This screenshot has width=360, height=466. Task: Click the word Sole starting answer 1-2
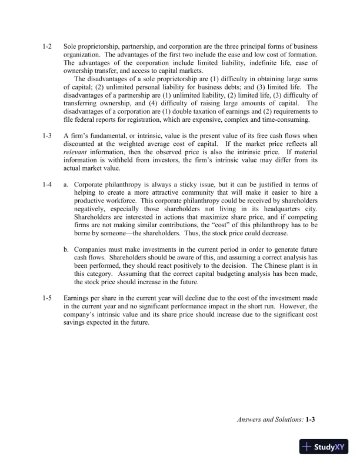click(71, 46)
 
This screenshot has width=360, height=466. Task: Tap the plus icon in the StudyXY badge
click(306, 447)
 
